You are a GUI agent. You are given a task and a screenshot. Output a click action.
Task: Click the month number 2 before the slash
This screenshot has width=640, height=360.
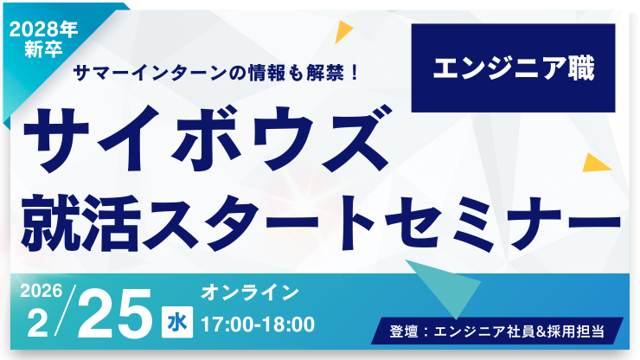tap(36, 324)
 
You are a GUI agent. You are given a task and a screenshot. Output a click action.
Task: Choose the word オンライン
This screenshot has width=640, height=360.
tap(250, 292)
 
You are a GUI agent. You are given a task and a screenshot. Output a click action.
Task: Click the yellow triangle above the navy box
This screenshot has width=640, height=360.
tap(344, 32)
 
